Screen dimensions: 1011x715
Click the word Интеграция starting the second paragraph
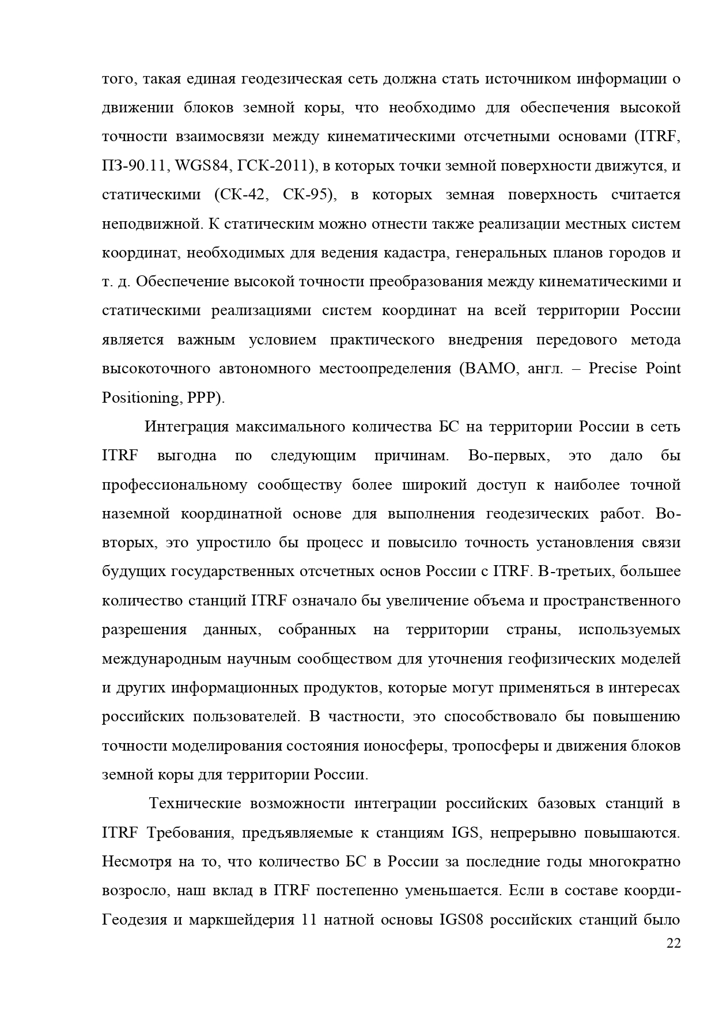point(183,427)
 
